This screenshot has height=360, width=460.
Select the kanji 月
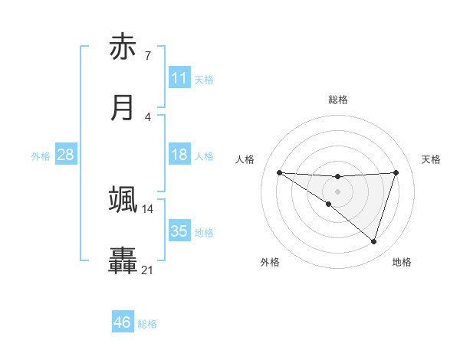tap(123, 108)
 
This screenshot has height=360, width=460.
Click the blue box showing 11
tap(179, 78)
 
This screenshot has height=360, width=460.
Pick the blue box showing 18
tap(179, 155)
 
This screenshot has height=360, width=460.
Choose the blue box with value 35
tap(179, 231)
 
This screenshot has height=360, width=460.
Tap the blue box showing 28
tap(65, 155)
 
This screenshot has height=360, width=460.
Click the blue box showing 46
tap(123, 322)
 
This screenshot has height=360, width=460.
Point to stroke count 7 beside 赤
tap(147, 55)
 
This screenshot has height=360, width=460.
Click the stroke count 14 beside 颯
tap(147, 208)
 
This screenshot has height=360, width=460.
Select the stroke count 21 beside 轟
tap(147, 270)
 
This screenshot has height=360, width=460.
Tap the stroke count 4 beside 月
tap(147, 116)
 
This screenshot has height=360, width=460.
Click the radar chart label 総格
tap(337, 100)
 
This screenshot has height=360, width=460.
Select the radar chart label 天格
tap(431, 159)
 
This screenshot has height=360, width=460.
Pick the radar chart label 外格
tap(270, 262)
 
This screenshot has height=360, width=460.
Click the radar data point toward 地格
tap(373, 241)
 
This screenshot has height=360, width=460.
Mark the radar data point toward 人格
tap(279, 172)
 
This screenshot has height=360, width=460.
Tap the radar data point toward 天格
tap(396, 172)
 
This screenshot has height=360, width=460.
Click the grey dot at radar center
tap(337, 191)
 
